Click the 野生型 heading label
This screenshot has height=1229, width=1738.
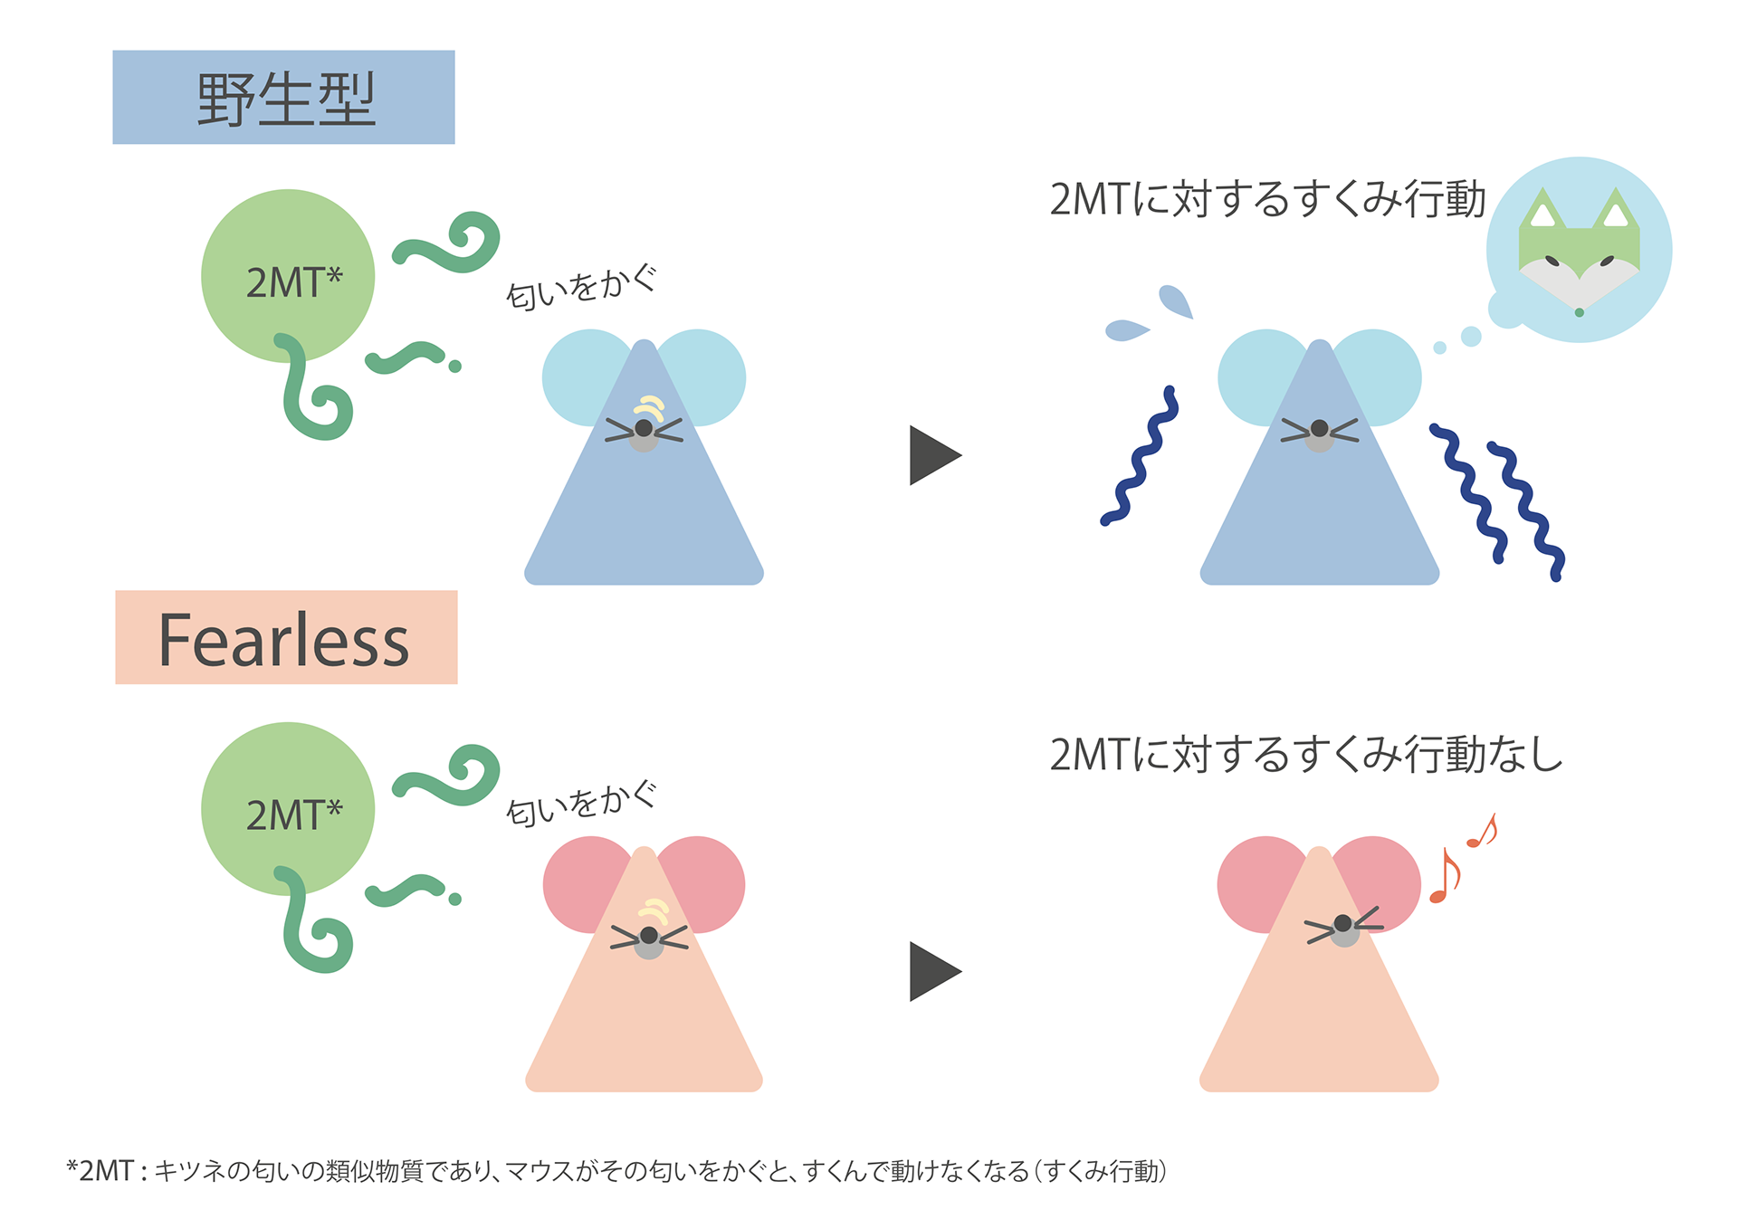click(x=283, y=98)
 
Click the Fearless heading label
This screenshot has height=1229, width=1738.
click(x=285, y=638)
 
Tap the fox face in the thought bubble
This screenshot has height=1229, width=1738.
click(x=1579, y=254)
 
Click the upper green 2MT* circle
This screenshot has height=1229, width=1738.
click(x=288, y=275)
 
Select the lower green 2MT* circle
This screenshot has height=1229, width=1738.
click(x=288, y=808)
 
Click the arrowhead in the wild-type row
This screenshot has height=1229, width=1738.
click(x=932, y=455)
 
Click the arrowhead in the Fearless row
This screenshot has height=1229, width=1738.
click(x=932, y=971)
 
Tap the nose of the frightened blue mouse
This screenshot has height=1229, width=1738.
click(x=1319, y=429)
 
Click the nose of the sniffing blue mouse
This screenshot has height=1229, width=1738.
click(x=644, y=428)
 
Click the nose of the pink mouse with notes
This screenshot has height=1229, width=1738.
click(x=1343, y=924)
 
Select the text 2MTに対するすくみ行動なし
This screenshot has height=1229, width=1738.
click(x=1305, y=754)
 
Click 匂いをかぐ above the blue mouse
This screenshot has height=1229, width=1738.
click(x=581, y=287)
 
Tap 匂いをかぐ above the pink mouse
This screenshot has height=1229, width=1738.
click(x=581, y=803)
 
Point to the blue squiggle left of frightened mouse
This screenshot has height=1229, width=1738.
click(x=1140, y=457)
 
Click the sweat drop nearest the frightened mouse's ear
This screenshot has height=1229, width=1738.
click(x=1175, y=301)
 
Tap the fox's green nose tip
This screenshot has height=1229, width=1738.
click(x=1579, y=312)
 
